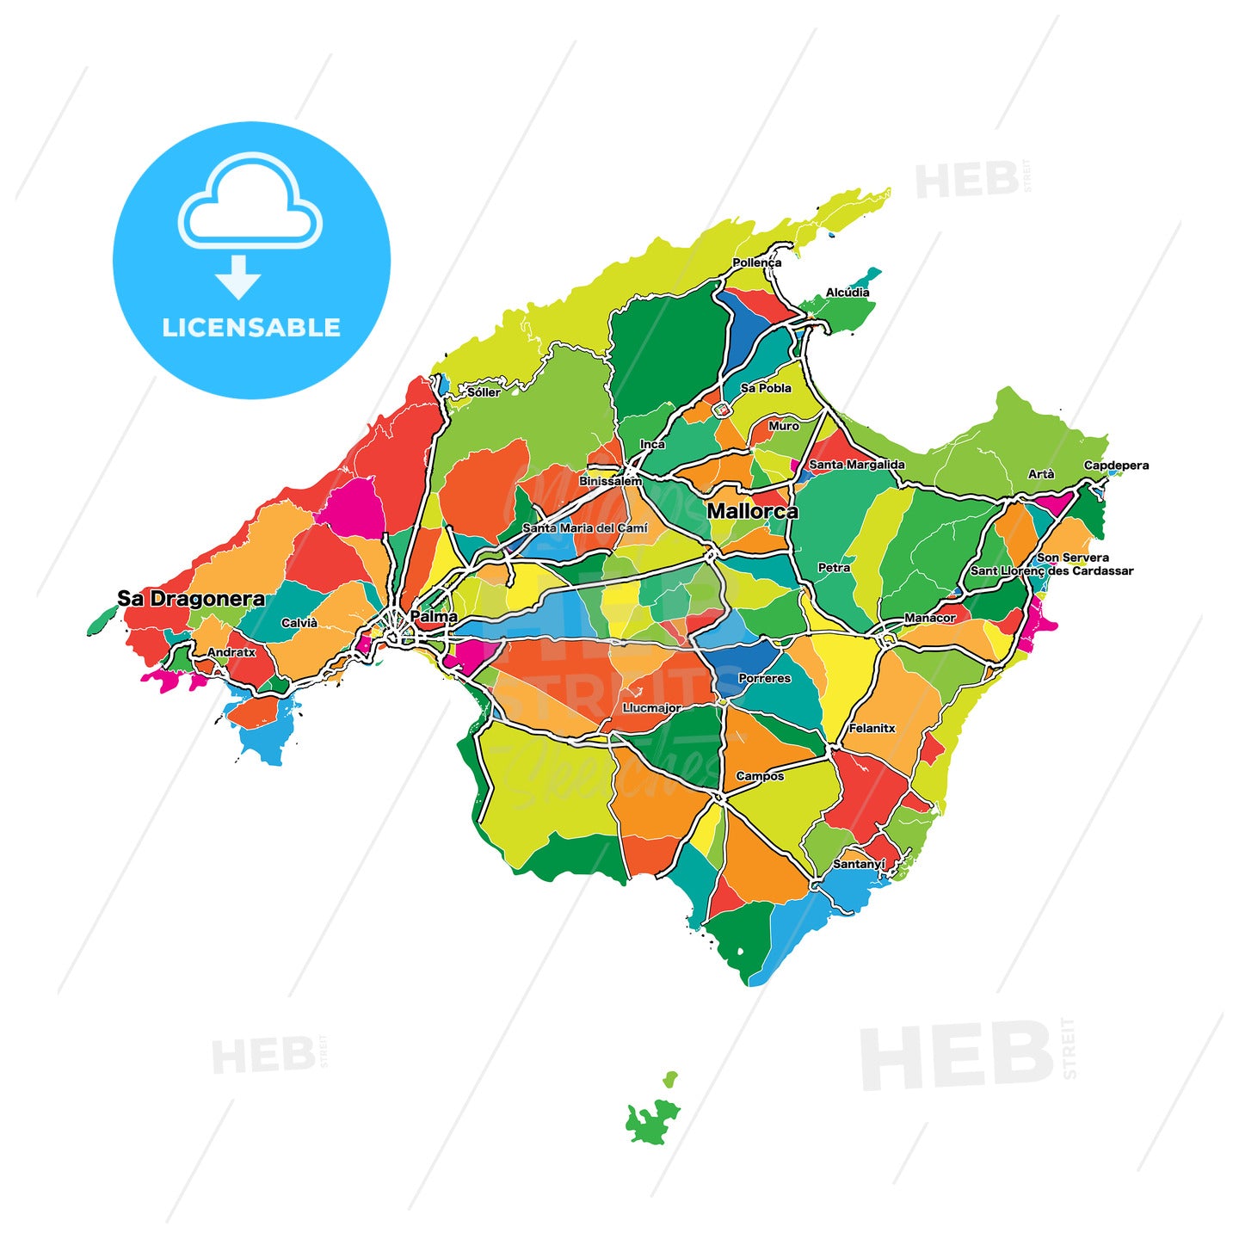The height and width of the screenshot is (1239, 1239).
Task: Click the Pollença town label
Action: (756, 262)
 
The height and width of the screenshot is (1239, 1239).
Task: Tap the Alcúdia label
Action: (847, 293)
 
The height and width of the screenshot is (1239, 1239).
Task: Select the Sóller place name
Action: (483, 392)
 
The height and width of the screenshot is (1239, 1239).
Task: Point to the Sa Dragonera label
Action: (191, 599)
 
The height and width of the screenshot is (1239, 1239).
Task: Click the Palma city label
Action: (434, 617)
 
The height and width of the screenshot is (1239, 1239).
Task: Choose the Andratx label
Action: (231, 652)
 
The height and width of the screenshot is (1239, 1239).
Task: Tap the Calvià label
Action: (299, 623)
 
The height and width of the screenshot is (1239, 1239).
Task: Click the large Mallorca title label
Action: (752, 511)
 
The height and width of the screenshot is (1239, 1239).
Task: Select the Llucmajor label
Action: (652, 708)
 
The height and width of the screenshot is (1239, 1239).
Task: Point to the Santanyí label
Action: (859, 864)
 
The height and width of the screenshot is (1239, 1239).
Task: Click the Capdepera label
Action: (1116, 465)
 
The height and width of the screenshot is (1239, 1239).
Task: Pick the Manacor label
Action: (929, 618)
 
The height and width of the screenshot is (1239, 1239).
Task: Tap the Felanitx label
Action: (872, 728)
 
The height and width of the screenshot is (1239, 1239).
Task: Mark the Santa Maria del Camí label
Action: (585, 527)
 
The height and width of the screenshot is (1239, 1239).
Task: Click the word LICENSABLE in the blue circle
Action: (251, 328)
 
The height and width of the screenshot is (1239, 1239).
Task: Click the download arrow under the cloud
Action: (238, 275)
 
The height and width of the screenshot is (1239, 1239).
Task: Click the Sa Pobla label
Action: (766, 388)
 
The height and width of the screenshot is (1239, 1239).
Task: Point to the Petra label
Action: (834, 568)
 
